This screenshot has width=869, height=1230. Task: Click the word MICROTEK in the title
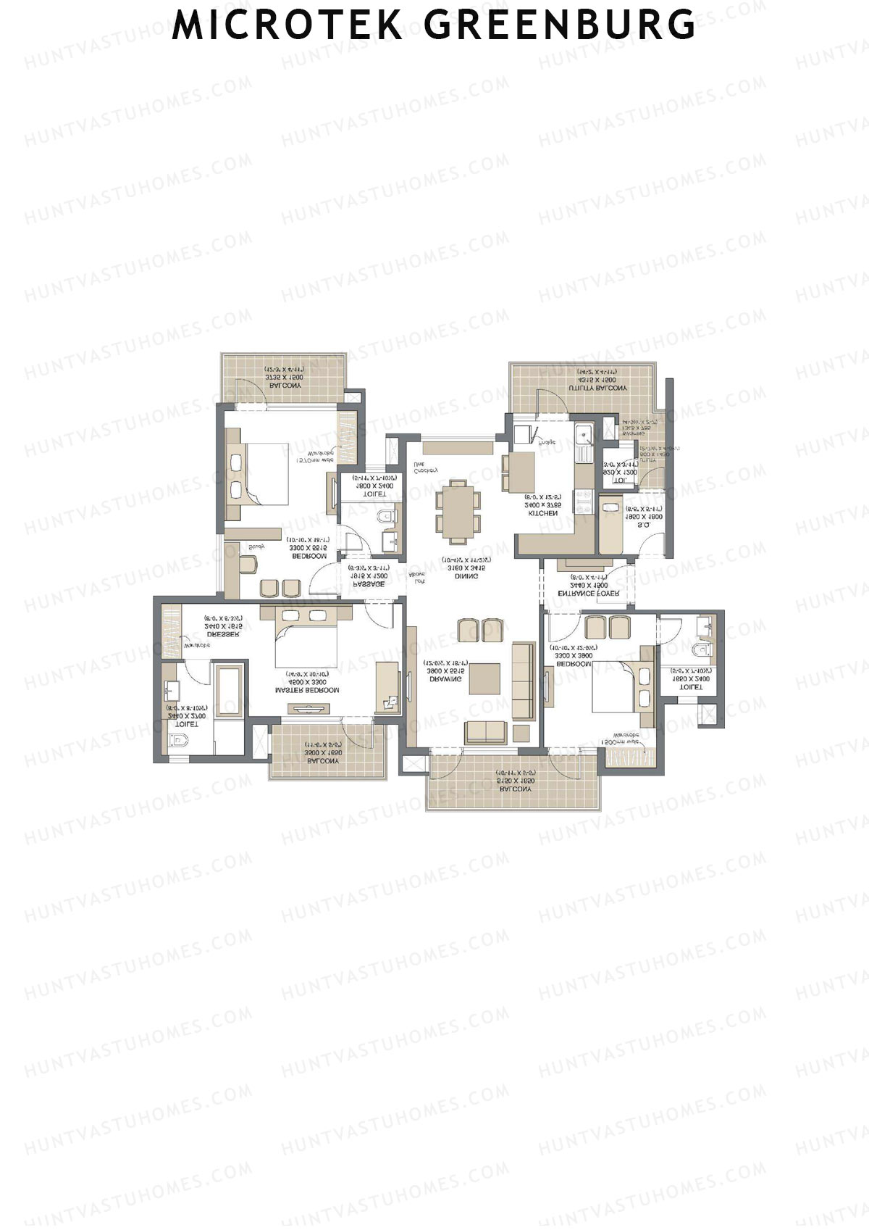[287, 25]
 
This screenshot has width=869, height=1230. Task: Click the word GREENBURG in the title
[560, 25]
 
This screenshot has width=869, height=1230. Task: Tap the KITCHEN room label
[543, 513]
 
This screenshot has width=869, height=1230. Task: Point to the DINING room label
[466, 576]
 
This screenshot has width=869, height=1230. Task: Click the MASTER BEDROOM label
[307, 691]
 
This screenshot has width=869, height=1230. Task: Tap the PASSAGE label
[369, 584]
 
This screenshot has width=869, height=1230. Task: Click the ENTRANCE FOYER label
[588, 593]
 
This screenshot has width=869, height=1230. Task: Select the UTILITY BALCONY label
[598, 388]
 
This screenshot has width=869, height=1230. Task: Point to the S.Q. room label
[644, 525]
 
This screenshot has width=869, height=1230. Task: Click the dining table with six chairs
[458, 511]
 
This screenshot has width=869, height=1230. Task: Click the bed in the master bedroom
[306, 642]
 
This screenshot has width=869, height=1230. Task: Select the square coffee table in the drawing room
[484, 679]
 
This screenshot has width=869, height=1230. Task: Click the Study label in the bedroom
[257, 547]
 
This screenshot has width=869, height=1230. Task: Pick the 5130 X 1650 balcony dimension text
[516, 781]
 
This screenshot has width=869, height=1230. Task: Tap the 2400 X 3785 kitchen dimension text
[543, 504]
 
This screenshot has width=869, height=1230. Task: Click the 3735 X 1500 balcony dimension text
[285, 377]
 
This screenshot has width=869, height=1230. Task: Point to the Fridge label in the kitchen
[547, 441]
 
